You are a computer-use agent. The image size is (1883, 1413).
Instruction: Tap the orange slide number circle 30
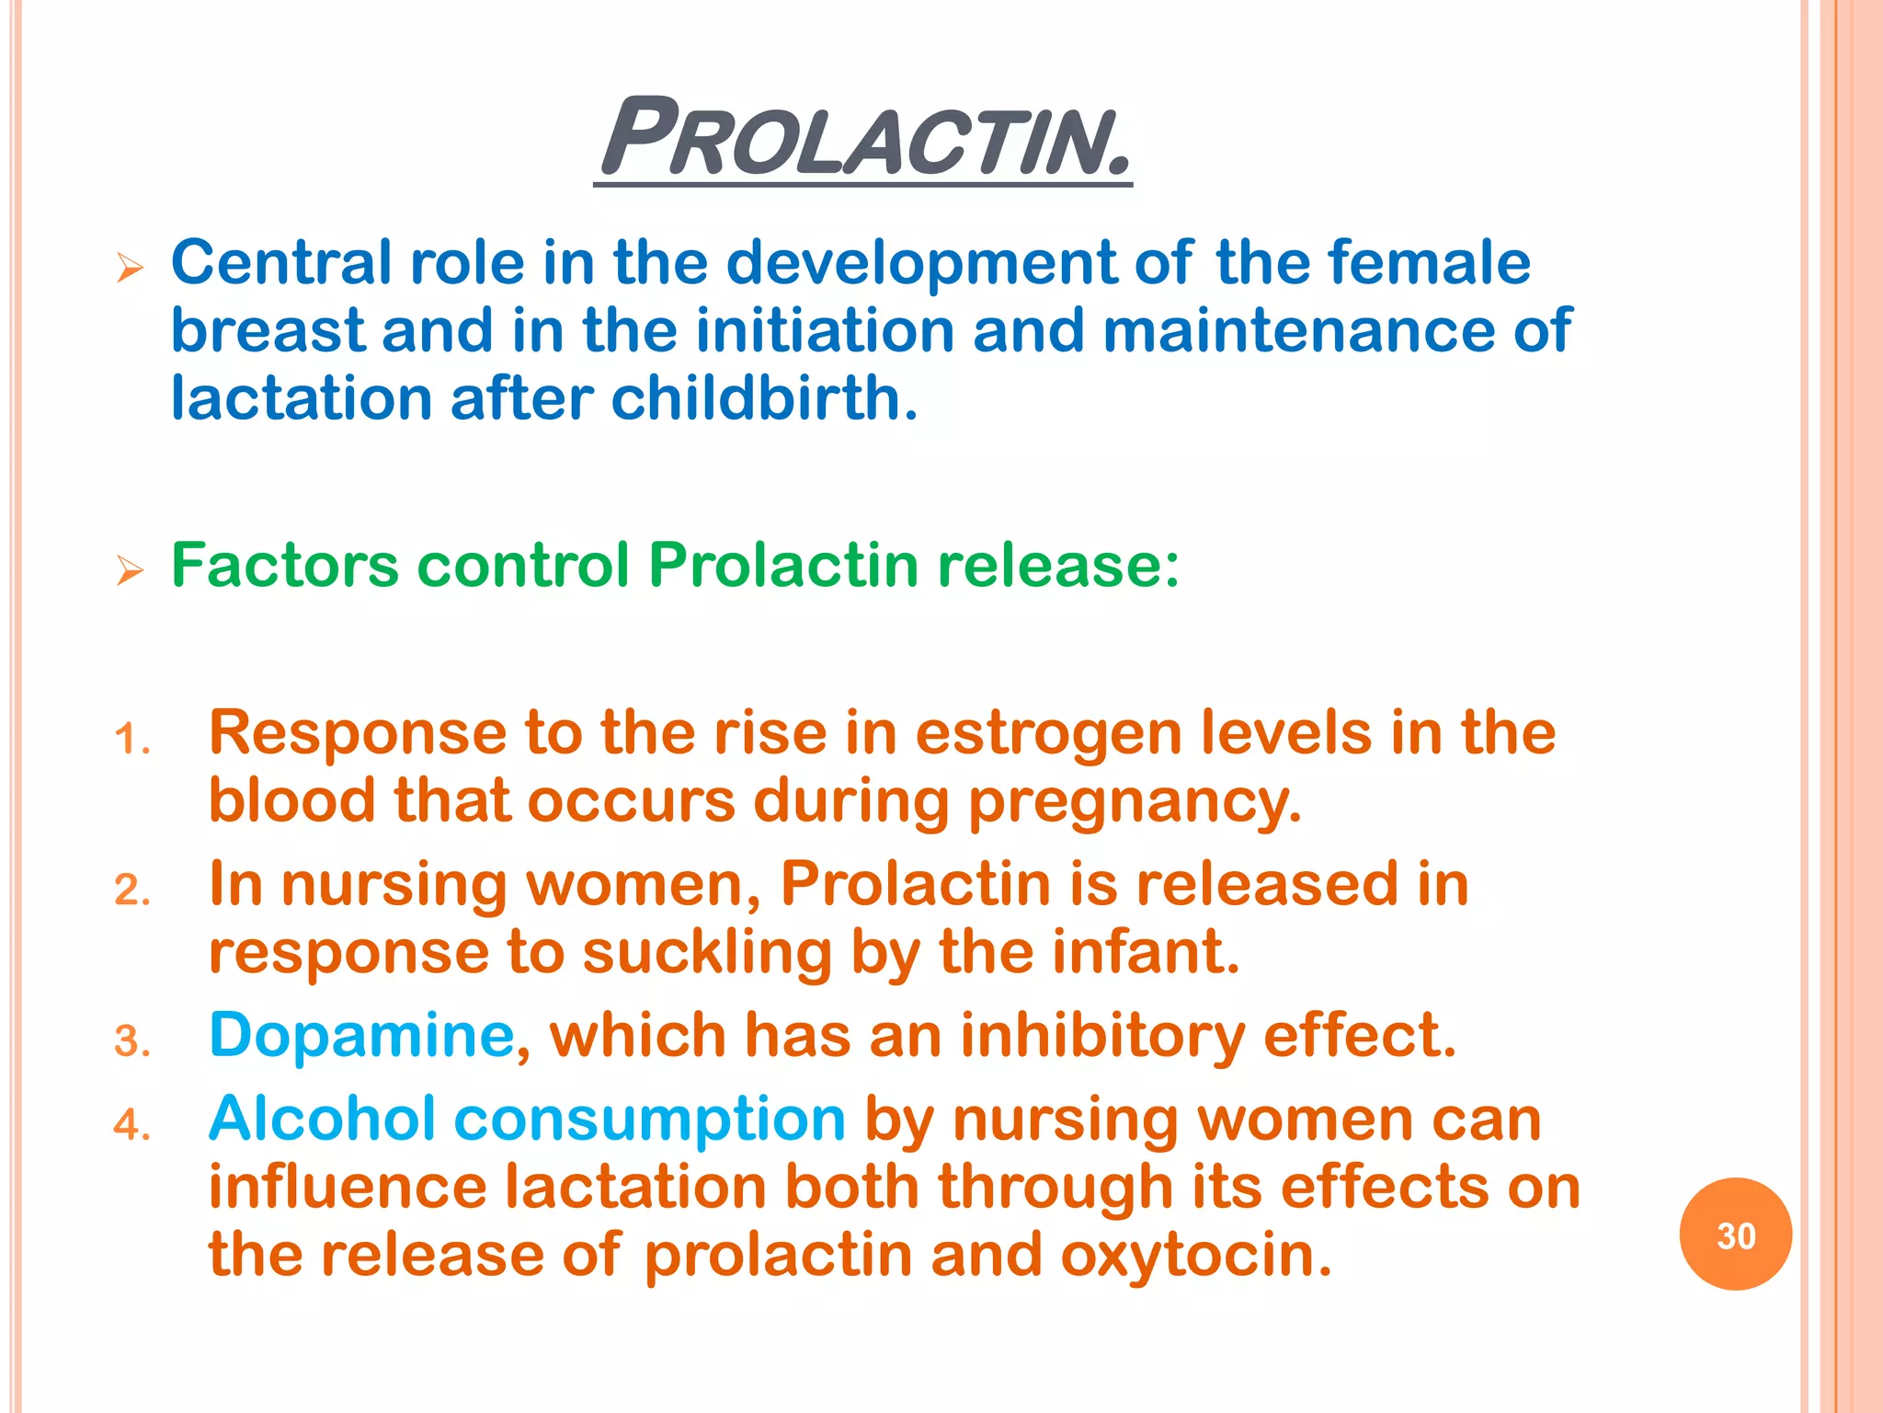click(1735, 1235)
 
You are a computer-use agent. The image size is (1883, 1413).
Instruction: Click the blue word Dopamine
click(361, 1035)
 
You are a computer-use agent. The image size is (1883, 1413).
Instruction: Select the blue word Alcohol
click(322, 1119)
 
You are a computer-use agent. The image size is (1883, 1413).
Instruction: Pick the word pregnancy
click(1135, 801)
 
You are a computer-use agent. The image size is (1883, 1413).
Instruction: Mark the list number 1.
click(131, 740)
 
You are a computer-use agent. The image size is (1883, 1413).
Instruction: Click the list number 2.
click(131, 890)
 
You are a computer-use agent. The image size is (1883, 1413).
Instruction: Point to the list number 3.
click(131, 1041)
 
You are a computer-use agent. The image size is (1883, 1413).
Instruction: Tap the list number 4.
click(131, 1125)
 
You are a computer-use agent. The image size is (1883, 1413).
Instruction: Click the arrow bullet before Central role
click(131, 269)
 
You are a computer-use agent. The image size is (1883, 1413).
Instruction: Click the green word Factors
click(284, 564)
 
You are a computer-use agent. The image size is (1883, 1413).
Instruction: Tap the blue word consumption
click(649, 1120)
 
